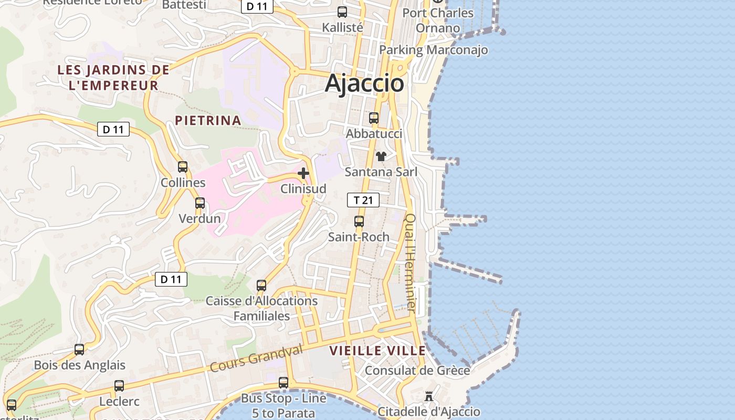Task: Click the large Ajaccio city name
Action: pos(364,83)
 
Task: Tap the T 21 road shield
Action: pos(363,200)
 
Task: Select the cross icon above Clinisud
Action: pos(303,173)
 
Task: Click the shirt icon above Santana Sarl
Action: pos(381,156)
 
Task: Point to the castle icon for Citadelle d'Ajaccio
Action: pos(429,396)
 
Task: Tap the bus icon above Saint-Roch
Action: pos(359,222)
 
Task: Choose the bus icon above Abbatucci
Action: pos(374,118)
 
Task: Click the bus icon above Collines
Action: pos(183,167)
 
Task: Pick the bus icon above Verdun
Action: pos(200,203)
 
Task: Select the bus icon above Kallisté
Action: pos(342,12)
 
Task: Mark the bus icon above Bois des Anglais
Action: pos(79,349)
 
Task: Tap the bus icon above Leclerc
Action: pos(119,386)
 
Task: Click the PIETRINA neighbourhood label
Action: pos(208,120)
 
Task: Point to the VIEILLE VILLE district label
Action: pos(377,351)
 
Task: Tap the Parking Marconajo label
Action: pos(433,50)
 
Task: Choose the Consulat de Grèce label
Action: pos(417,370)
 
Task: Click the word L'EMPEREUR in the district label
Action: pos(113,85)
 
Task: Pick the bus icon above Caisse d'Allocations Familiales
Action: pos(261,286)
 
